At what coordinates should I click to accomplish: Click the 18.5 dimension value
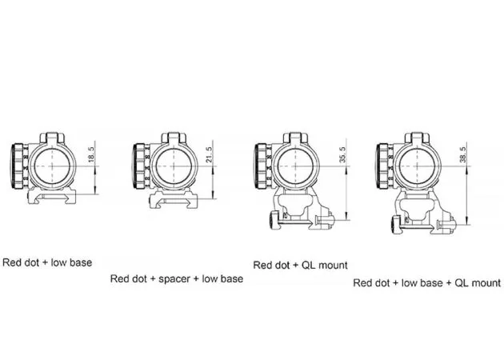click(x=91, y=154)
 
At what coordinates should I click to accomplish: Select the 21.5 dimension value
click(x=210, y=154)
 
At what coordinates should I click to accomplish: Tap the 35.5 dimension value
click(x=342, y=154)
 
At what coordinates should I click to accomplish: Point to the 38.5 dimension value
click(x=463, y=154)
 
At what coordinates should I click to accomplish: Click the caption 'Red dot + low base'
click(x=47, y=262)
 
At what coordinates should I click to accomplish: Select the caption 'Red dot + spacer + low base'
click(x=177, y=278)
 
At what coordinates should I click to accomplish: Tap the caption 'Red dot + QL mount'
click(x=300, y=265)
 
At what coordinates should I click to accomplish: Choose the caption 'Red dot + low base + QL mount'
click(x=427, y=283)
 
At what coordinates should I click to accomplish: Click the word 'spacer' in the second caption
click(x=174, y=279)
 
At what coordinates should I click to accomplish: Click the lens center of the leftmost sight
click(x=52, y=166)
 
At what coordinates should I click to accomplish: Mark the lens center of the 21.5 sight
click(x=174, y=166)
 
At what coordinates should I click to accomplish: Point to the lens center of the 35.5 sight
click(x=295, y=166)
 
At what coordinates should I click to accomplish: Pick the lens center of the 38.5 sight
click(x=417, y=166)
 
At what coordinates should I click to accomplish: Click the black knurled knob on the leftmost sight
click(x=17, y=166)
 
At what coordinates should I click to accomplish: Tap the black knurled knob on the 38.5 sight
click(x=382, y=166)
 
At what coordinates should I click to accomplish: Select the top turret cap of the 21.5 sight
click(x=174, y=138)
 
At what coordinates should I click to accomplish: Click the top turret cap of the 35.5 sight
click(x=296, y=138)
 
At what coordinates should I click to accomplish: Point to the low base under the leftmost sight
click(x=52, y=196)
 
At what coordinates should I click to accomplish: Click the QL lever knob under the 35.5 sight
click(x=274, y=220)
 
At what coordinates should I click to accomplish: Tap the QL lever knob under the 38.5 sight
click(x=396, y=225)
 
